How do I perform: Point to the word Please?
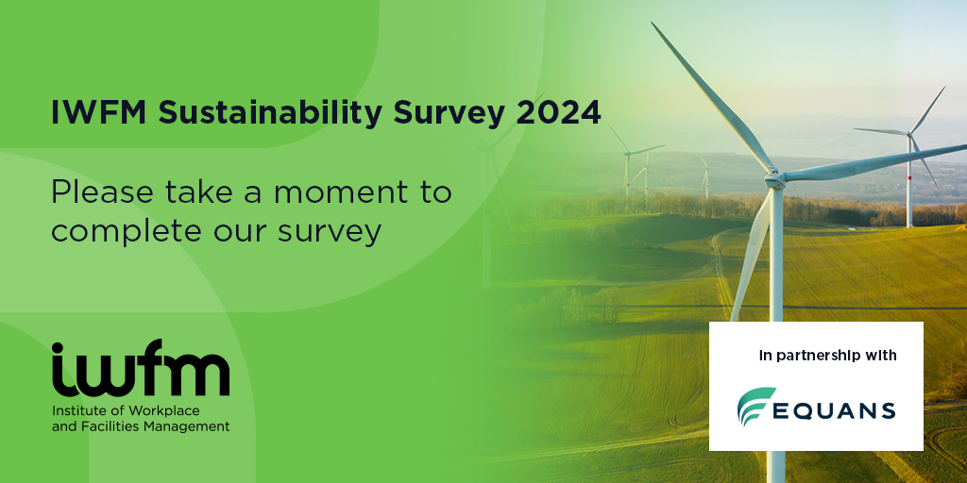tap(102, 192)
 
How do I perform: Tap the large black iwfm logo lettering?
tap(141, 369)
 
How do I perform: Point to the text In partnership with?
tap(827, 356)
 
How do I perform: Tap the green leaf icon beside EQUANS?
tap(756, 407)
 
